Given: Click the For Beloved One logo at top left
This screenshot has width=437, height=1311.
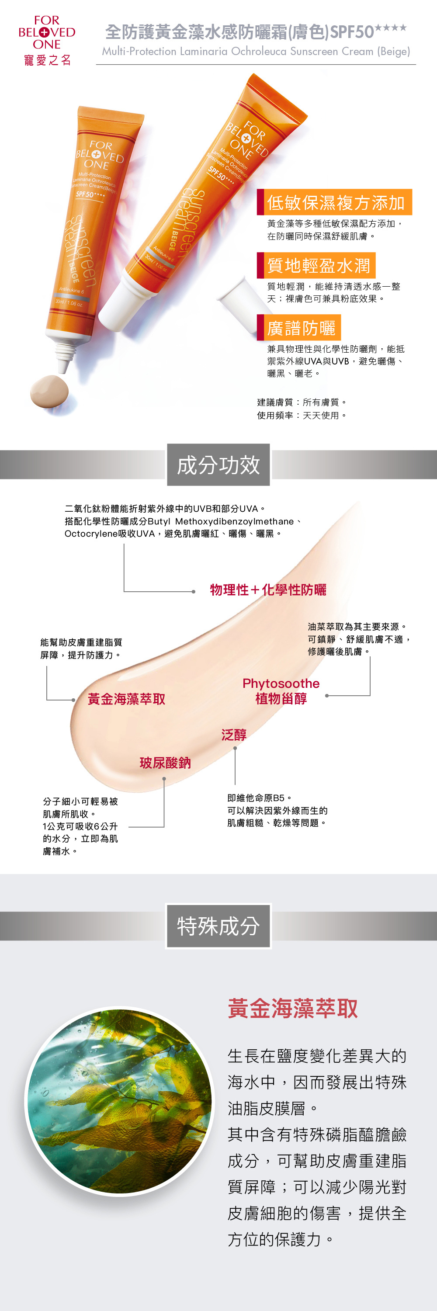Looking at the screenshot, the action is tap(47, 40).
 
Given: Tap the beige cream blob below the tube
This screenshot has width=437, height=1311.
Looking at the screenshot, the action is tap(49, 391).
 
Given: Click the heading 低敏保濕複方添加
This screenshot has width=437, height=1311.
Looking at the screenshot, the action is tap(335, 203).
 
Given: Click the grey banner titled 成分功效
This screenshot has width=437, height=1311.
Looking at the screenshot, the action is tap(218, 465).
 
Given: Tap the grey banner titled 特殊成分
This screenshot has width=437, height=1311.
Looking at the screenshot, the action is tap(218, 926).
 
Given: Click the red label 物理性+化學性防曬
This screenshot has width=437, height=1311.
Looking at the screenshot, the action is tap(268, 590).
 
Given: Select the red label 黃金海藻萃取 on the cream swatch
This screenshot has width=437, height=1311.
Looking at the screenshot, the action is tap(126, 699).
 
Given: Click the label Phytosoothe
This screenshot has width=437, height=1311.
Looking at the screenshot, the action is tap(281, 683).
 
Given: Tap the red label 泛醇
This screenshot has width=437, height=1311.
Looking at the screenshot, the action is tap(234, 735).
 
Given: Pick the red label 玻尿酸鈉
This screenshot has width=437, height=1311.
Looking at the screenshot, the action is tap(165, 763).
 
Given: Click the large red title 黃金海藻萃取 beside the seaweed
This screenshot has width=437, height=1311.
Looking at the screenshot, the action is tap(292, 1008).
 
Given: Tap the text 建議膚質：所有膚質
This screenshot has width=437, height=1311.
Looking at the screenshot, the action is tap(302, 402).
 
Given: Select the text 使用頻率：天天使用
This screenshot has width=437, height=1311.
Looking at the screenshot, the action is tap(302, 415).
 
